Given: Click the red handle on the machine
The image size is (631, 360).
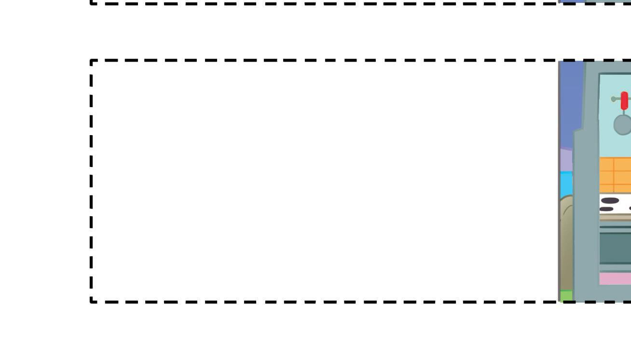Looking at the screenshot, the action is click(x=625, y=101).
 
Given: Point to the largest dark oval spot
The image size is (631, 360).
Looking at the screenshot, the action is click(x=610, y=201).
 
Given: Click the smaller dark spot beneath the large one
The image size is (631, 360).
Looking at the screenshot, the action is click(x=606, y=209).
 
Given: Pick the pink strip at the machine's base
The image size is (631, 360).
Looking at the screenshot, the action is click(x=615, y=278).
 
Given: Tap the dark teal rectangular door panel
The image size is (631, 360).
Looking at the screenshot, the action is click(x=615, y=248).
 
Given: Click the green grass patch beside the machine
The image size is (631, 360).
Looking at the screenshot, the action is click(x=566, y=295).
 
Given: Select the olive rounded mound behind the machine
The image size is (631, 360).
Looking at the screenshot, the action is click(x=566, y=241).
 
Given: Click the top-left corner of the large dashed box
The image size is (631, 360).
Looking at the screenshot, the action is click(x=92, y=61).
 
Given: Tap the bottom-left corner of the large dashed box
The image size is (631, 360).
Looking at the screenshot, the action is click(x=92, y=302).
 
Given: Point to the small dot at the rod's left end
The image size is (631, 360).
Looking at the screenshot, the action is click(x=613, y=99).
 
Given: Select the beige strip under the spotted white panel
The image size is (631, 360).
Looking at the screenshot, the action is click(x=615, y=217).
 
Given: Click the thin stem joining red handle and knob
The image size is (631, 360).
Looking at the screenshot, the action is click(x=624, y=112).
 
